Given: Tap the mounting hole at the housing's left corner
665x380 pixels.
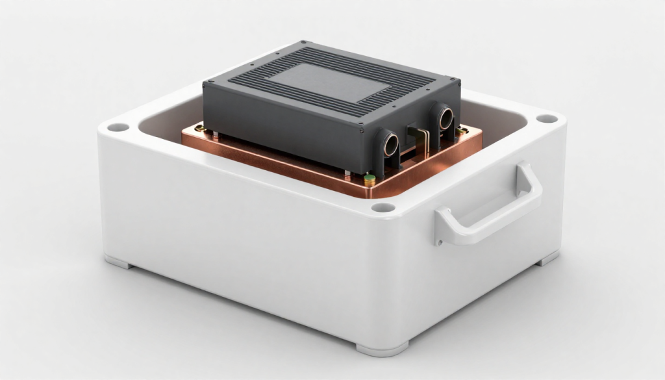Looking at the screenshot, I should [118, 127].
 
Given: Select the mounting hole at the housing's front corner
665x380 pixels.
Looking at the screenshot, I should [383, 208].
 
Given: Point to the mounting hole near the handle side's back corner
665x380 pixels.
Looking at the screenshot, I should [547, 119].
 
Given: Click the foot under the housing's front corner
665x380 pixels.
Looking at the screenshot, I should [383, 348].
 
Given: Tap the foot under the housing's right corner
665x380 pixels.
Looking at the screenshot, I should [547, 258].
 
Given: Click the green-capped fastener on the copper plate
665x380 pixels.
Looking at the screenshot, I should [370, 178].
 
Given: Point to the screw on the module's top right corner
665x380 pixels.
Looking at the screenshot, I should [457, 82].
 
